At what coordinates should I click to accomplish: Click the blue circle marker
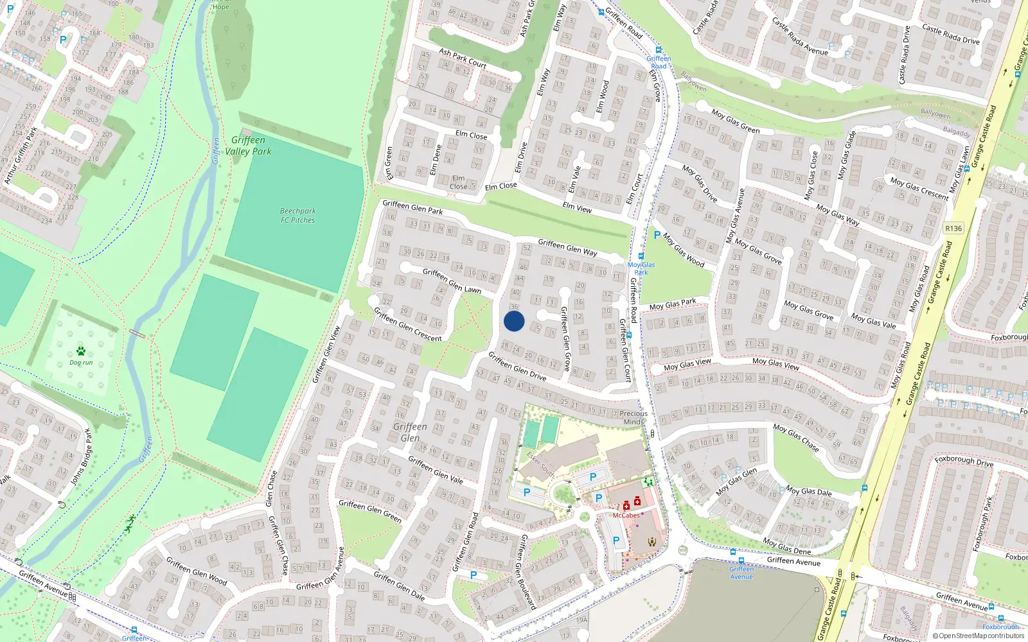(x=514, y=321)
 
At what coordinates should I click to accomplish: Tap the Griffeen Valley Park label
(x=248, y=146)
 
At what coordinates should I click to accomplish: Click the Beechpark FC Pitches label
(x=297, y=216)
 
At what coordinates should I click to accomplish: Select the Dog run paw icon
(x=81, y=351)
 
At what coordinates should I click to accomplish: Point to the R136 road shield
(x=953, y=229)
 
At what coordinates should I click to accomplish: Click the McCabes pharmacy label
(x=626, y=516)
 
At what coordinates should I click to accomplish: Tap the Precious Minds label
(x=634, y=418)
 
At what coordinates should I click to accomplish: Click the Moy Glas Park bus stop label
(x=641, y=268)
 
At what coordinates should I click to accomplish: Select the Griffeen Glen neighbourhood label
(x=410, y=432)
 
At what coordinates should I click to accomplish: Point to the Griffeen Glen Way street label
(x=567, y=247)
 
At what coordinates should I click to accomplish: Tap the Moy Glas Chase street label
(x=795, y=437)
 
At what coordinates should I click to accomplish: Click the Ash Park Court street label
(x=463, y=58)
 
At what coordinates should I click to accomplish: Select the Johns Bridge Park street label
(x=82, y=456)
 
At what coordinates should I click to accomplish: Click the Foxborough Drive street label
(x=964, y=461)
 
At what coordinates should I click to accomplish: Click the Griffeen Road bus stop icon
(x=658, y=50)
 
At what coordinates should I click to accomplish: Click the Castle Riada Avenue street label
(x=800, y=36)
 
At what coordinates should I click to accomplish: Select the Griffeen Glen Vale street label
(x=435, y=469)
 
